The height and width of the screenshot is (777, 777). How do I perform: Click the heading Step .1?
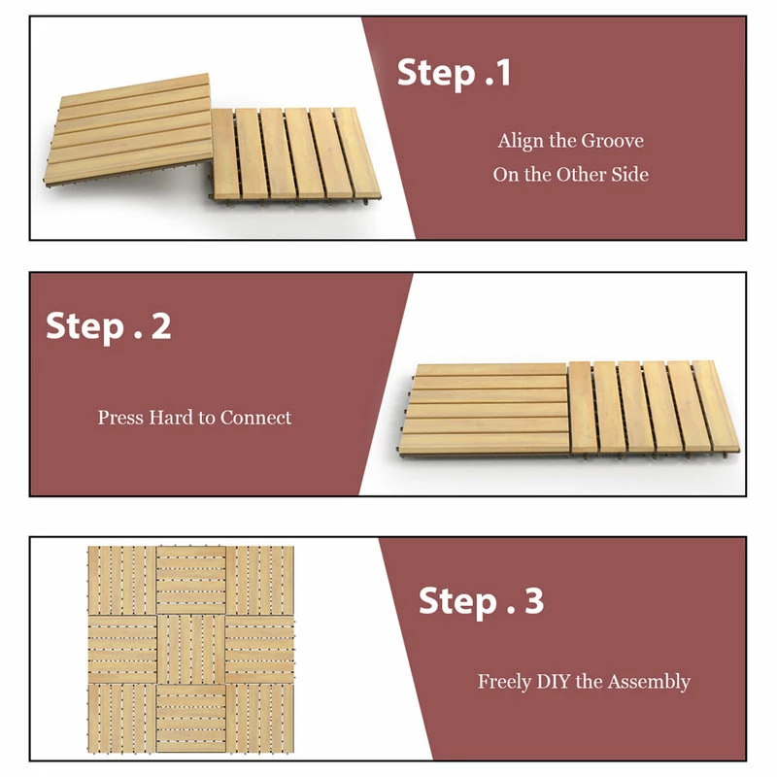coord(454,74)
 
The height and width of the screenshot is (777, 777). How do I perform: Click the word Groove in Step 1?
coord(612,141)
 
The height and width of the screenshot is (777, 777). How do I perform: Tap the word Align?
coord(521,141)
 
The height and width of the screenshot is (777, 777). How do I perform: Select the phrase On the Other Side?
coord(570,175)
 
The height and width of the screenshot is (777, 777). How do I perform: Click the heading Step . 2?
coord(109,326)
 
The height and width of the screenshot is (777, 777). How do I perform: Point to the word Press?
coord(120,418)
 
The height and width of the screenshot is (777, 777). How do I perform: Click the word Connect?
coord(255,418)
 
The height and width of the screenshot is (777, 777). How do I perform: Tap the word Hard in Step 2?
coord(171,418)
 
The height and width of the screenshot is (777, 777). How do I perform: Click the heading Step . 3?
coord(481,601)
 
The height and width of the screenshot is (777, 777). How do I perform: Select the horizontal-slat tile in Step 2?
coord(486,408)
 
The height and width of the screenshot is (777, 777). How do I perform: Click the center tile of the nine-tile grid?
coord(191,649)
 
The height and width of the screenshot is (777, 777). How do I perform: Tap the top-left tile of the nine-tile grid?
coord(122,580)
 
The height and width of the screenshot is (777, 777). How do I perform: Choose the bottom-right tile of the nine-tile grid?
coord(260,717)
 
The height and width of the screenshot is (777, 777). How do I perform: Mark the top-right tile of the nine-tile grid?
coord(260,580)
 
